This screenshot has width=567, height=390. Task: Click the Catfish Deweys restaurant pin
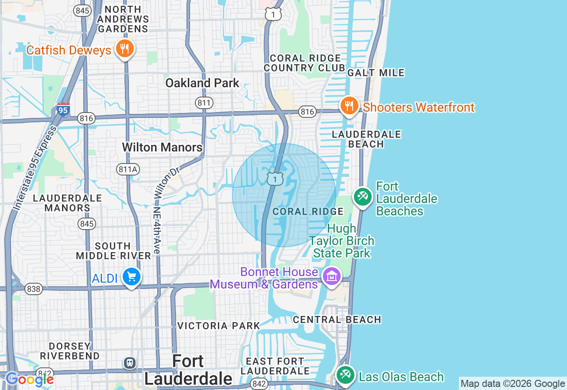coord(125,49)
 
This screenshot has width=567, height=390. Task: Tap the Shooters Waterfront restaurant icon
coord(350,106)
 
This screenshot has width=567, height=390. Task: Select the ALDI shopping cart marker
coord(132,277)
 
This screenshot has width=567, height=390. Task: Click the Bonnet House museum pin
coord(331,277)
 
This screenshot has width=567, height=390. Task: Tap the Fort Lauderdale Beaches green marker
coord(363,196)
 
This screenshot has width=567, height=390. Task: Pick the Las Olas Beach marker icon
coord(345,375)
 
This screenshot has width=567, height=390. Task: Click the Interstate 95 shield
coord(63,109)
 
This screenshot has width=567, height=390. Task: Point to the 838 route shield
coord(33,289)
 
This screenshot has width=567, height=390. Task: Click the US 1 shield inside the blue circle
coord(275,179)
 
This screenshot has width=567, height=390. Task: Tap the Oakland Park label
coord(202,83)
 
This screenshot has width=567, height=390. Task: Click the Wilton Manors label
coord(162,147)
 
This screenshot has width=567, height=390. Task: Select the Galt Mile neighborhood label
coord(376,73)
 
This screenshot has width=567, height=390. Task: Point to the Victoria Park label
coord(218,326)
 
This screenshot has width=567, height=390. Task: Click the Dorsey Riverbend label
coord(70,351)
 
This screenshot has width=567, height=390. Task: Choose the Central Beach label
coord(337,320)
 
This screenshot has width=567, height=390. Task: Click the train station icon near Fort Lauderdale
coord(129,363)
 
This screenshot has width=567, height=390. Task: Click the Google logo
coord(30,379)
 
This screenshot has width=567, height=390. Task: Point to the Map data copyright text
coord(513,384)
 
